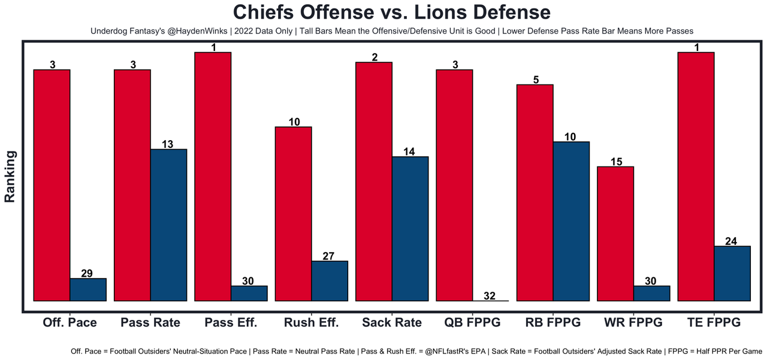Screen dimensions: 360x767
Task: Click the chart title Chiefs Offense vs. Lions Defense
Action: click(x=391, y=13)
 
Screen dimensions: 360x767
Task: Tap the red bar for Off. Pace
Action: click(x=52, y=185)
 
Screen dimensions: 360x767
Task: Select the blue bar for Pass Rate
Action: click(x=168, y=225)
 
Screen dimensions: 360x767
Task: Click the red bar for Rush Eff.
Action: click(x=294, y=214)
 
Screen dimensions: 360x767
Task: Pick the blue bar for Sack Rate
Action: click(x=410, y=228)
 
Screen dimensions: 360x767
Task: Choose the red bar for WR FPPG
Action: click(x=615, y=234)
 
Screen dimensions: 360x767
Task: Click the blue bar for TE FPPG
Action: click(x=732, y=273)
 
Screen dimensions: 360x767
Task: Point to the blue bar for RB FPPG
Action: click(x=571, y=221)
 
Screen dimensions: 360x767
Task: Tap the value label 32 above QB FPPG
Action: click(x=490, y=295)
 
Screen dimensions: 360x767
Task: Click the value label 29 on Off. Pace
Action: click(x=87, y=273)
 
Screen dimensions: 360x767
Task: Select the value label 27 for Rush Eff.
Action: click(x=329, y=256)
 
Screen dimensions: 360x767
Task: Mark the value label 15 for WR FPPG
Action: click(x=616, y=162)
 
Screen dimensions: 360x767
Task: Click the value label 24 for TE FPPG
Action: click(x=732, y=241)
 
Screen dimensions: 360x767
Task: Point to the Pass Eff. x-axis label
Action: click(x=231, y=322)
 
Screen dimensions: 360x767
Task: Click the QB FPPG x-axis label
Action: click(x=472, y=322)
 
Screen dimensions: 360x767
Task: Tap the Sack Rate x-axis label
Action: click(x=392, y=322)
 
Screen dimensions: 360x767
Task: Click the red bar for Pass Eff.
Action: click(x=213, y=176)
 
